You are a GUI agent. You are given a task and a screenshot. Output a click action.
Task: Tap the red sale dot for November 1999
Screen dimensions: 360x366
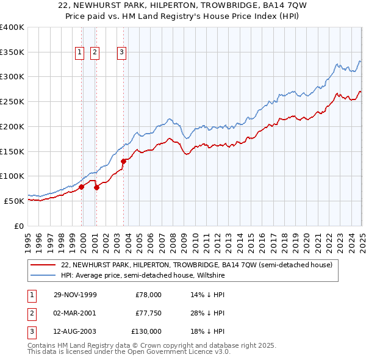pyautogui.click(x=82, y=187)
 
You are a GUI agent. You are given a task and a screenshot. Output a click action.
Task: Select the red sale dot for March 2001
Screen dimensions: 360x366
pyautogui.click(x=96, y=187)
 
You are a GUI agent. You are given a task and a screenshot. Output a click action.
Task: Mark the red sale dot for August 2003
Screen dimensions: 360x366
pyautogui.click(x=123, y=161)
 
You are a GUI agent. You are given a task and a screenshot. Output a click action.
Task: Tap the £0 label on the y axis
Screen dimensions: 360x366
pyautogui.click(x=19, y=226)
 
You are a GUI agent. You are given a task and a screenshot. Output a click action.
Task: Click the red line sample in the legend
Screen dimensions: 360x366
pyautogui.click(x=43, y=265)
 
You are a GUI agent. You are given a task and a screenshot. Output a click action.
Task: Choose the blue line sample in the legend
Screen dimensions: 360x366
pyautogui.click(x=43, y=275)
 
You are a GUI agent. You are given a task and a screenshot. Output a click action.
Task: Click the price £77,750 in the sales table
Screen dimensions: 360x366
pyautogui.click(x=148, y=313)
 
